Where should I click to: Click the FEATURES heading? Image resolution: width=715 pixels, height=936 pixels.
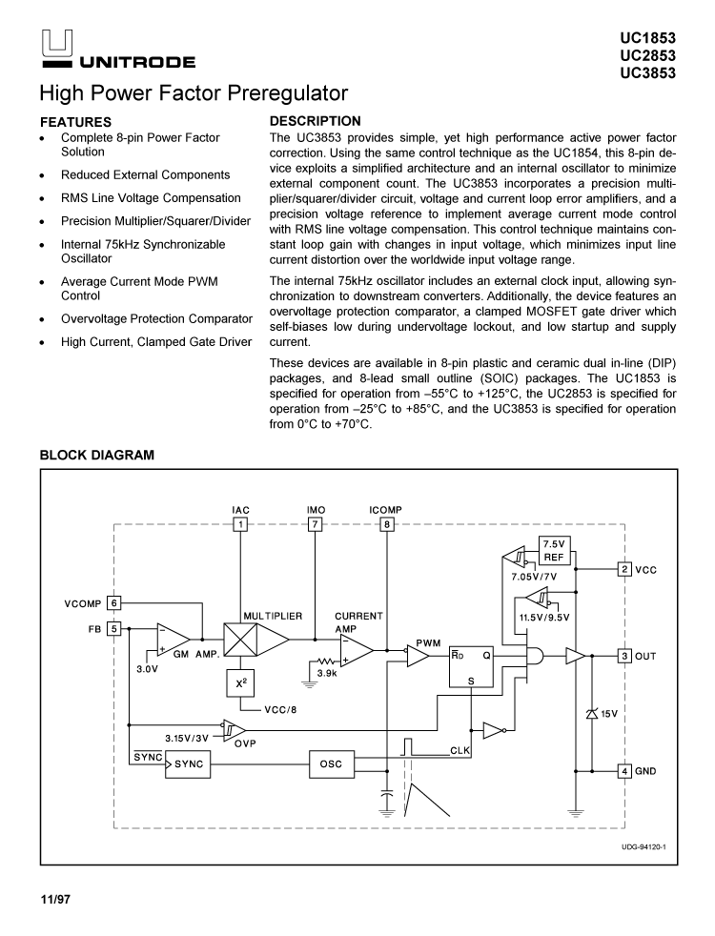(75, 122)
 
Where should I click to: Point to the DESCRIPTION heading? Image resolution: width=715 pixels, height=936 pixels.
(316, 121)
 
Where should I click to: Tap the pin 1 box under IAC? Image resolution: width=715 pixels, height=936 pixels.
(241, 523)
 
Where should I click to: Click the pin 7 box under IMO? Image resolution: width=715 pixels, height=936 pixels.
(316, 523)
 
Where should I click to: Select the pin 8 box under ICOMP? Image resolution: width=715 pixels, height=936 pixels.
(386, 523)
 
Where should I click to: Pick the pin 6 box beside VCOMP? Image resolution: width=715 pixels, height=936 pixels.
(113, 602)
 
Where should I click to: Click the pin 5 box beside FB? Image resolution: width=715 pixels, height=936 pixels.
(113, 628)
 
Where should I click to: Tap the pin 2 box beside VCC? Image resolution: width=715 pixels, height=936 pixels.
(624, 569)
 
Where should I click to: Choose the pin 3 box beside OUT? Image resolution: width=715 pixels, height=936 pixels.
(624, 656)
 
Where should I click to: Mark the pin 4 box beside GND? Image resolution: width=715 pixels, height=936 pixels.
(624, 770)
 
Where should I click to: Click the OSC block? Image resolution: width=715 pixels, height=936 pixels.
(331, 764)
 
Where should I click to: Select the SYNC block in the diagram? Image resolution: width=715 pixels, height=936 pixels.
(188, 764)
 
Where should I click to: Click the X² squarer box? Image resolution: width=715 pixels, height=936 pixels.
(240, 683)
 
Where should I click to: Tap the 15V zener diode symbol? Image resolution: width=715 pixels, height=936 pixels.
(591, 713)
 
